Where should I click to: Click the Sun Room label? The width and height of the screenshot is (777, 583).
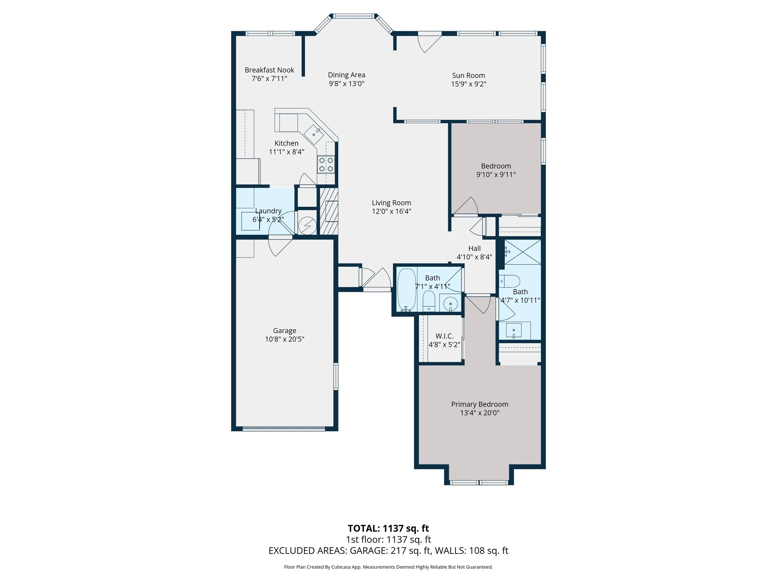(x=468, y=75)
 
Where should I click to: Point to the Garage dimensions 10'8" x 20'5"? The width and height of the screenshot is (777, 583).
(x=284, y=339)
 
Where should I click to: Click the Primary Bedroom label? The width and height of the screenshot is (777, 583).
(x=480, y=404)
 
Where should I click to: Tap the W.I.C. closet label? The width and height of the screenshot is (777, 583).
(x=444, y=336)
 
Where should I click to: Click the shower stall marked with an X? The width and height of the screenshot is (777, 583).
(x=523, y=252)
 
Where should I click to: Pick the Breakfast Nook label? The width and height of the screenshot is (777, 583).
(x=269, y=70)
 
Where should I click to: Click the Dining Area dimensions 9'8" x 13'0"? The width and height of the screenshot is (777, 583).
(x=346, y=84)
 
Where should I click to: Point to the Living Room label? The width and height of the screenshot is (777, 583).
(x=391, y=203)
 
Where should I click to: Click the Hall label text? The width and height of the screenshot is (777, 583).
(x=474, y=248)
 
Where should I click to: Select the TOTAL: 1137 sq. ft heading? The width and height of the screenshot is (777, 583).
(x=388, y=528)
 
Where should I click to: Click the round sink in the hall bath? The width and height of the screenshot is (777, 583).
(x=450, y=304)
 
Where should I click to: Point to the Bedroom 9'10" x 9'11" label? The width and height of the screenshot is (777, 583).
(x=496, y=166)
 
